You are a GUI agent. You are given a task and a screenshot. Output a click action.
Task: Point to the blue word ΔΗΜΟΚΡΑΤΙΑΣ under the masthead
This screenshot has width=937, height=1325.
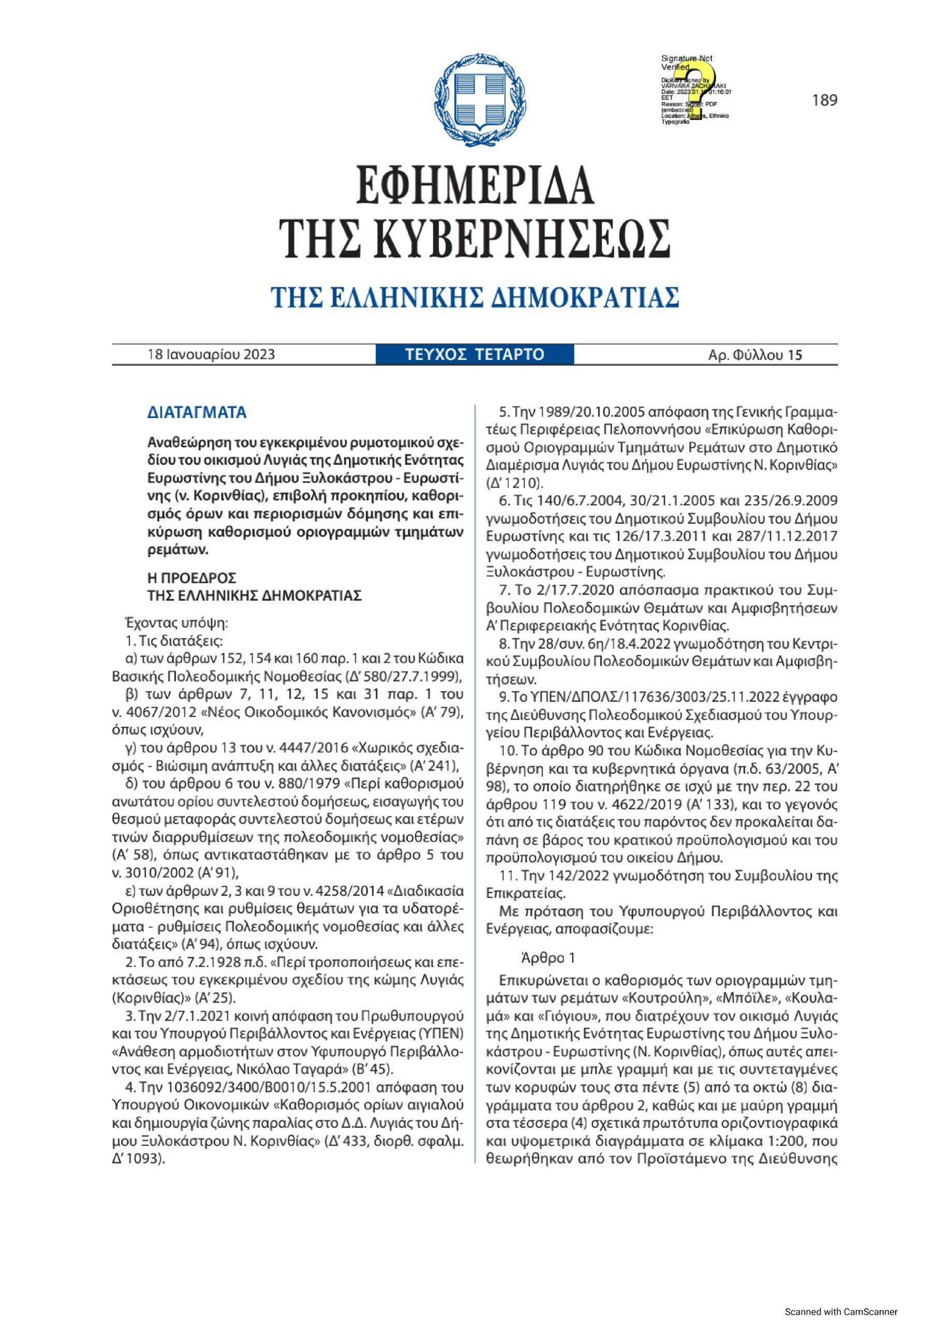coord(583,298)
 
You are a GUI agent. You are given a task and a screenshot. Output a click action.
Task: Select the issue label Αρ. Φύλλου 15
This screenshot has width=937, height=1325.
coord(755,355)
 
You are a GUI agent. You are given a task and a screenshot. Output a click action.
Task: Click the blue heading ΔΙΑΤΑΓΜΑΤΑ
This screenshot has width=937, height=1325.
coord(197,413)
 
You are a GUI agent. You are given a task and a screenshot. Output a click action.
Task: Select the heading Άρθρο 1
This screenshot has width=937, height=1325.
coord(547,958)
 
